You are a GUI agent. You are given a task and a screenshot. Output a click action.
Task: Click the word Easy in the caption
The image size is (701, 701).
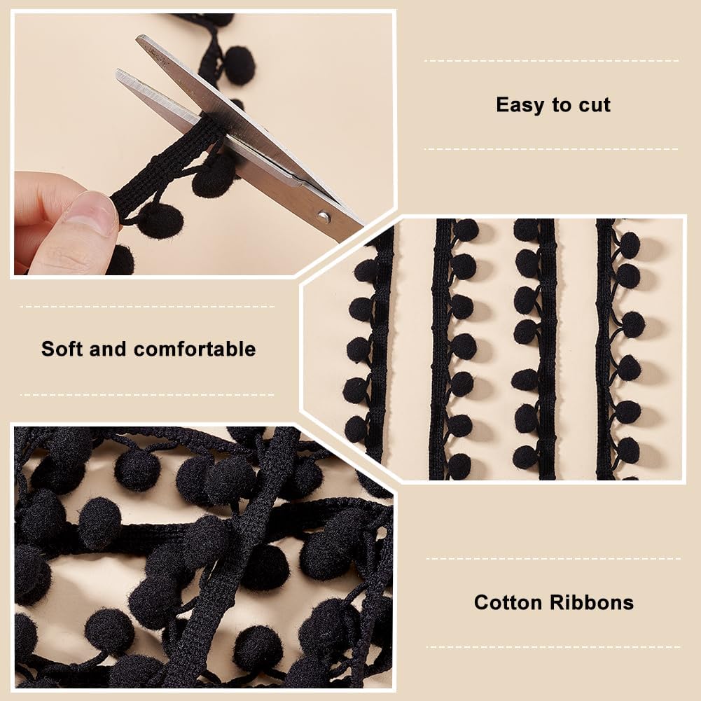tap(520, 105)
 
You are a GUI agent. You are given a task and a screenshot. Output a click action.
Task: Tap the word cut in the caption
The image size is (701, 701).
tap(593, 105)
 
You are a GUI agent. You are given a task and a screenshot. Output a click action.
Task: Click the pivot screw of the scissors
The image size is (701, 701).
tap(323, 216)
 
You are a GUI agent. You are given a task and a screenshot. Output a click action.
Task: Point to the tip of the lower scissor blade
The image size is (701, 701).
tap(119, 73)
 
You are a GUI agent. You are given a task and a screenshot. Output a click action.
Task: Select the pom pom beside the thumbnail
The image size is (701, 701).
tap(160, 220)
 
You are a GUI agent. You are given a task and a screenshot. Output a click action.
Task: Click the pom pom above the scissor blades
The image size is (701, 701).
tap(239, 65)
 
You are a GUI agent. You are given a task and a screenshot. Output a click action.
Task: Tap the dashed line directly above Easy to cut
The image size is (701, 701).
tap(552, 61)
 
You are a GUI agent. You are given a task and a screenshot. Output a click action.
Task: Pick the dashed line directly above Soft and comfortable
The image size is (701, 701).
tap(147, 306)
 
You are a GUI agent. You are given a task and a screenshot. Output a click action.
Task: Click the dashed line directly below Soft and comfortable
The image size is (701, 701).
tap(147, 394)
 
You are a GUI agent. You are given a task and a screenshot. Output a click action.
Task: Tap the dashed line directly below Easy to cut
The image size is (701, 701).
tap(552, 148)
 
